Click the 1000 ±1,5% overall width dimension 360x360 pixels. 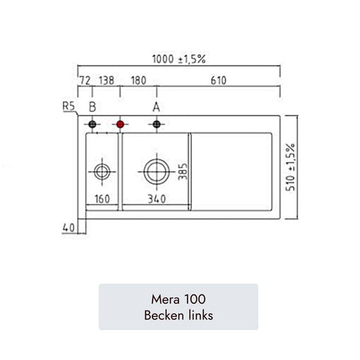179,59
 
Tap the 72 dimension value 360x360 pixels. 85,81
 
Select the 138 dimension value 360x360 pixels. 106,81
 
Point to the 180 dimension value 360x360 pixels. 139,81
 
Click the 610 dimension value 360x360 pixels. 218,81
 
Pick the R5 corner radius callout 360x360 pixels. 69,106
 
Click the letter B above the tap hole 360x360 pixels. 92,107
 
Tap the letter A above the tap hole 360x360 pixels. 157,107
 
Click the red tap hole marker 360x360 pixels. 120,124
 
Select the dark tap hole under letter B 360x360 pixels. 92,124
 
